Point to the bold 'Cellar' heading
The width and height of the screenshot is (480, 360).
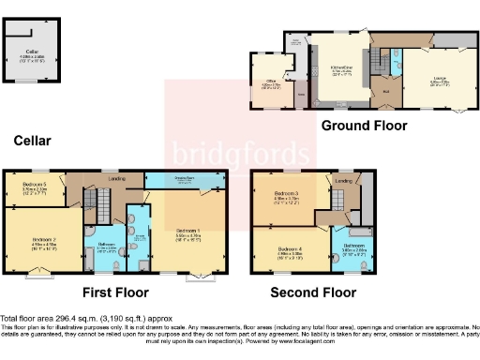point(32,141)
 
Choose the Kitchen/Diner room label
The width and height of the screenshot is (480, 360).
point(341,67)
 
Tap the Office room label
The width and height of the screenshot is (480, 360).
point(272,83)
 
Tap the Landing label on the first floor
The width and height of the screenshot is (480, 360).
point(116,177)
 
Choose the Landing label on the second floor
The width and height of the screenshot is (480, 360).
point(344,180)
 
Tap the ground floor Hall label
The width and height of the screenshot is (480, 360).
point(385,93)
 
